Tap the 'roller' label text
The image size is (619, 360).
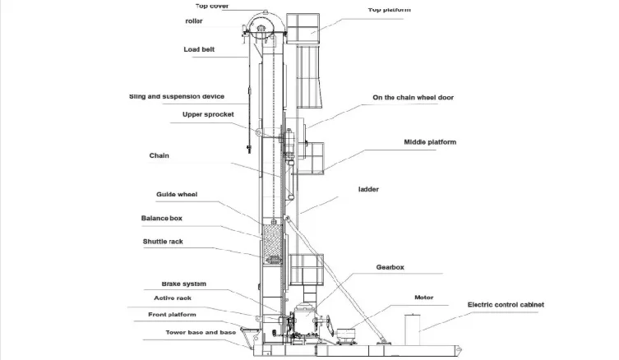point(194,21)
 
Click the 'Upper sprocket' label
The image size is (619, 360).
point(208,114)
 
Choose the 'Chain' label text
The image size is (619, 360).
point(159,155)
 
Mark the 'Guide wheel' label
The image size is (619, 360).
point(177,195)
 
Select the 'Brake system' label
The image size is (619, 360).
point(183,284)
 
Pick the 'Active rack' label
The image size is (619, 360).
point(173,298)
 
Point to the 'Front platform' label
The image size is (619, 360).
point(173,314)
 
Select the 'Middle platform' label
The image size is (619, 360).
point(429,141)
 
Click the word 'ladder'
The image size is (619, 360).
point(367,188)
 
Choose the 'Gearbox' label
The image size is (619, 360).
point(390,267)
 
